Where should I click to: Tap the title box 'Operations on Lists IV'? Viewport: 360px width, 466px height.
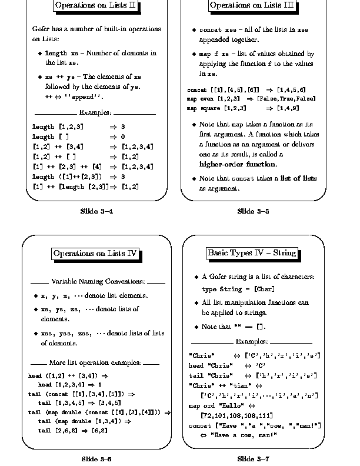[95, 254]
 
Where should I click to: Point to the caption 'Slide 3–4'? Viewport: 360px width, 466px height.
[96, 211]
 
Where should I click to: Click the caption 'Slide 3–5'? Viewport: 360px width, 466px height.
[254, 211]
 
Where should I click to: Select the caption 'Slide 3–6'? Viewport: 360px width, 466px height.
[96, 458]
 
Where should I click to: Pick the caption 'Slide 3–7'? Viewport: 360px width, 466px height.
[254, 458]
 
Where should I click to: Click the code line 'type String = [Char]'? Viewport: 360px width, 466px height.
[238, 289]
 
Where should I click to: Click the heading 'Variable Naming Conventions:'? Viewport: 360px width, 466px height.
[97, 281]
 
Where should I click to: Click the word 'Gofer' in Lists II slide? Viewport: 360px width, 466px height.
[41, 29]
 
